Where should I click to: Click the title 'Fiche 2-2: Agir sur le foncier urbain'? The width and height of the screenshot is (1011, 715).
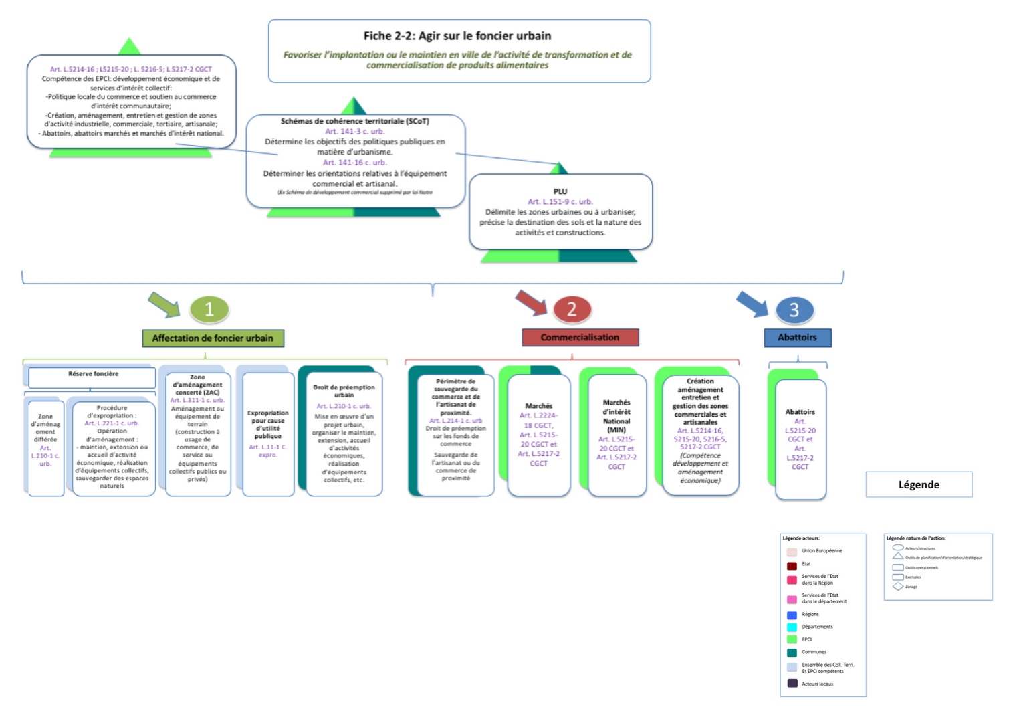point(457,36)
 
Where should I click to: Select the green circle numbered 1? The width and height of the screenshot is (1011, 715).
point(209,309)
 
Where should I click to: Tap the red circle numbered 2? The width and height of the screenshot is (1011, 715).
point(572,309)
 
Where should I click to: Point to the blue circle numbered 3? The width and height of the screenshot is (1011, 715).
point(794,310)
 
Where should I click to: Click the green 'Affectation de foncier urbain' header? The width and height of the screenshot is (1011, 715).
point(213,338)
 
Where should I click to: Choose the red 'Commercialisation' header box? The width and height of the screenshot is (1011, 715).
point(580,338)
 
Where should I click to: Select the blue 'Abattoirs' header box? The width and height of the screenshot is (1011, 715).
point(797,338)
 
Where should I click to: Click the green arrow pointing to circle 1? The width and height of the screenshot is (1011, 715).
point(163,304)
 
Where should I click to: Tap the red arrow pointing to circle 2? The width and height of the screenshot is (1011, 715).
point(531,302)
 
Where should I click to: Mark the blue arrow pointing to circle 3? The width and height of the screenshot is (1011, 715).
point(752,304)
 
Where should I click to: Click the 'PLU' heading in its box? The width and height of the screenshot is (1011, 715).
point(560,191)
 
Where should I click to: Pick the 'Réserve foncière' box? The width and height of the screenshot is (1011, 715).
point(93,375)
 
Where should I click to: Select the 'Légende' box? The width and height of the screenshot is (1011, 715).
point(919,485)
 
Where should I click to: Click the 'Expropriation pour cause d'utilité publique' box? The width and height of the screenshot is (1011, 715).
point(268,433)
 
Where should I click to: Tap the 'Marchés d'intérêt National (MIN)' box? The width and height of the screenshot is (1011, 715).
point(616,435)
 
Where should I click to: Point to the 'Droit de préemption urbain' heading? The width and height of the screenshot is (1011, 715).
point(344,391)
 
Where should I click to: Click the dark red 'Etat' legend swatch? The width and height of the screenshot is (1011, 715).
point(792,565)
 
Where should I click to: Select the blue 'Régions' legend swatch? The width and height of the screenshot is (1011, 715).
point(792,615)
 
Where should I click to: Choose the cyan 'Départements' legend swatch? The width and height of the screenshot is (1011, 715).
point(792,627)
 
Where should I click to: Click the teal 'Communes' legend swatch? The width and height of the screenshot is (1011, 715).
point(792,653)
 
